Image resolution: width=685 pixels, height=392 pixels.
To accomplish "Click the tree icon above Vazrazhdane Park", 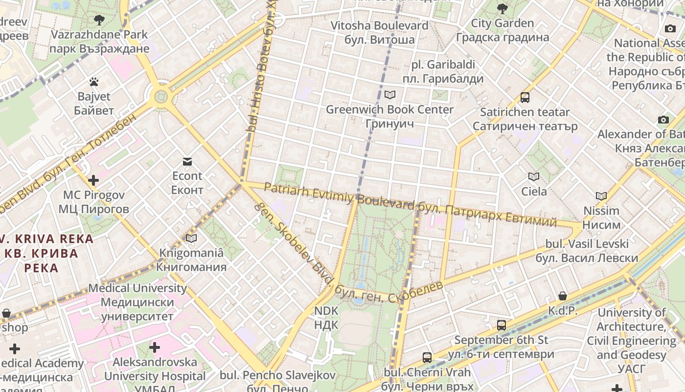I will pyautogui.click(x=99, y=20).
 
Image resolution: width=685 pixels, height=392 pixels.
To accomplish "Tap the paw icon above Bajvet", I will pyautogui.click(x=93, y=82).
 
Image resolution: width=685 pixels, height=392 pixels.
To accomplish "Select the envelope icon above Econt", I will pyautogui.click(x=187, y=162).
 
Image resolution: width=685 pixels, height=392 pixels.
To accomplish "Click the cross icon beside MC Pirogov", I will pyautogui.click(x=93, y=180).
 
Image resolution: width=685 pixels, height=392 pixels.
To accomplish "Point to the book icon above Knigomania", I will pyautogui.click(x=191, y=239).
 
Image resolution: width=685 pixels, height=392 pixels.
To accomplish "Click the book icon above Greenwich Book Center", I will pyautogui.click(x=390, y=95).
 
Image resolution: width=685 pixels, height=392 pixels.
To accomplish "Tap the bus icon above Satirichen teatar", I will pyautogui.click(x=525, y=97).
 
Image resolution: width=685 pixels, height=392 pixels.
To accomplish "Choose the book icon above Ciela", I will pyautogui.click(x=534, y=176).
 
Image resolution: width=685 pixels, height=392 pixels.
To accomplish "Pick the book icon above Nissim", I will pyautogui.click(x=601, y=196).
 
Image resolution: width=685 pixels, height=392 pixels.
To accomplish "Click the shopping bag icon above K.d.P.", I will pyautogui.click(x=563, y=296).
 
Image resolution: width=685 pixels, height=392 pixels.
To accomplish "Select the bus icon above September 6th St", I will pyautogui.click(x=502, y=325).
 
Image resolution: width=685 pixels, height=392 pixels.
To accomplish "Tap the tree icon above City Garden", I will pyautogui.click(x=502, y=8).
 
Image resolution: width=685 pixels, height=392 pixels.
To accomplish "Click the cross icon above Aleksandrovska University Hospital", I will pyautogui.click(x=155, y=347).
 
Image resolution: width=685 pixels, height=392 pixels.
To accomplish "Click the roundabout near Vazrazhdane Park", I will pyautogui.click(x=160, y=97).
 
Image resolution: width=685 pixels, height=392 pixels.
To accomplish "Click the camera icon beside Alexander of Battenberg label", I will pyautogui.click(x=663, y=120).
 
